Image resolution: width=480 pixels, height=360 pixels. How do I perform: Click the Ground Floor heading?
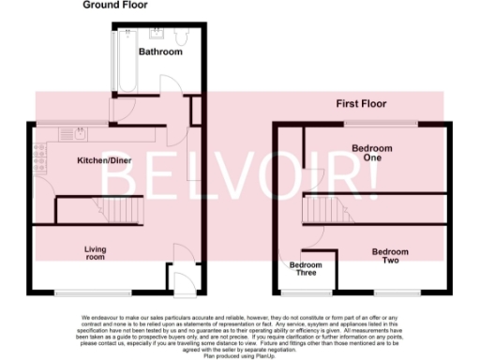(115, 6)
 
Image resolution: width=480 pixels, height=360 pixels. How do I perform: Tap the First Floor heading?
(361, 103)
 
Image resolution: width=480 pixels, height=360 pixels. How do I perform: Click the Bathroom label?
(160, 52)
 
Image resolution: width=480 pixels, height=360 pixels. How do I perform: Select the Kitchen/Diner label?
(104, 161)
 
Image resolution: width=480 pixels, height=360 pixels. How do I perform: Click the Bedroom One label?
(372, 153)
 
